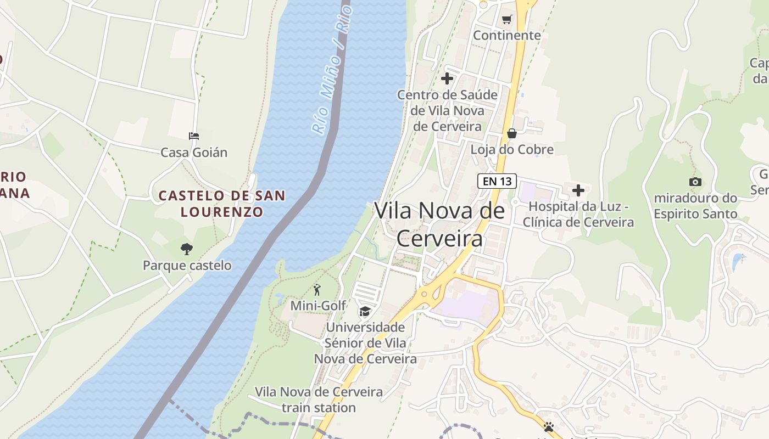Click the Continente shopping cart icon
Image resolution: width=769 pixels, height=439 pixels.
[506, 20]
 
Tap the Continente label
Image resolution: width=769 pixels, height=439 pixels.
[507, 36]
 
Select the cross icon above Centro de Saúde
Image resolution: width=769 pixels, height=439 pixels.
[447, 78]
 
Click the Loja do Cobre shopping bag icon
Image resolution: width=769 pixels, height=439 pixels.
[511, 133]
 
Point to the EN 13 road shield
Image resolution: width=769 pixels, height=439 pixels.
[497, 181]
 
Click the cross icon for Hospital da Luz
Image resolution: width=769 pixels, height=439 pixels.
[578, 190]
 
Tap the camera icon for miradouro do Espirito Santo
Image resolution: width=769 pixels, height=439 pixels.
[695, 182]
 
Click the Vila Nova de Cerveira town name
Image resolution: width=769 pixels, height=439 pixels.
[439, 224]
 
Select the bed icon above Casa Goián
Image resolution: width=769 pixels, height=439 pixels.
[193, 136]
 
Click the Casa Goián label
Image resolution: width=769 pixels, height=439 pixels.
[194, 153]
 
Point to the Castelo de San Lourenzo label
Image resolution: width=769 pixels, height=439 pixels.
[222, 204]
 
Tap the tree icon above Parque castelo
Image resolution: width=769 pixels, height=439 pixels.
[187, 249]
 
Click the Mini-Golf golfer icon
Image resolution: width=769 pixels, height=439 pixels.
[317, 290]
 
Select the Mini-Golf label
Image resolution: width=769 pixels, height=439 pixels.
[318, 305]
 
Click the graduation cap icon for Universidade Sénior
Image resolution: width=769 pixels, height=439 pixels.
[365, 312]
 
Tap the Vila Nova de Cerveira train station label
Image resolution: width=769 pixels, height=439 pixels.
[319, 400]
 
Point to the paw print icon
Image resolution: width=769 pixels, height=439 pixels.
[548, 427]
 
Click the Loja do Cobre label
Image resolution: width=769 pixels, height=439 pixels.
[512, 150]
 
